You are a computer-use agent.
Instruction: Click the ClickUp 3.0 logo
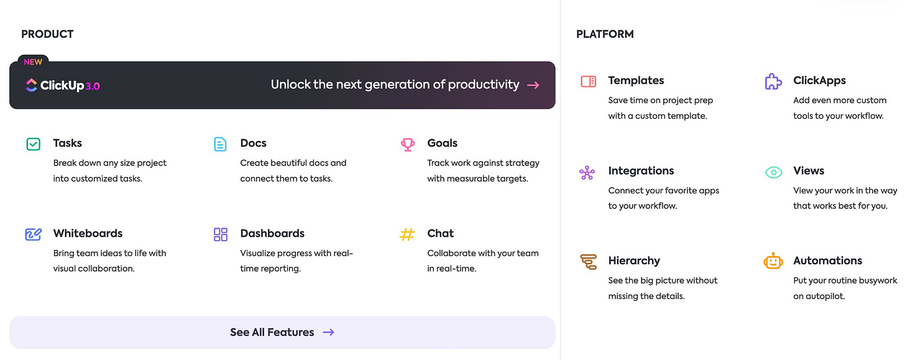pos(62,85)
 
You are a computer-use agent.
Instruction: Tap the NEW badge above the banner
pos(33,62)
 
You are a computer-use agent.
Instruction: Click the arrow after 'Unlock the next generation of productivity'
pos(533,85)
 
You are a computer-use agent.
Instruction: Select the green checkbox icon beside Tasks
pos(33,144)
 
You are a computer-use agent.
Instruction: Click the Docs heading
pos(253,143)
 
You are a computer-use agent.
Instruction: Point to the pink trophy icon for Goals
pos(407,144)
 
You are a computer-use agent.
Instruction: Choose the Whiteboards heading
pos(88,233)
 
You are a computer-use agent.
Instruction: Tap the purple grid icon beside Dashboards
pos(220,234)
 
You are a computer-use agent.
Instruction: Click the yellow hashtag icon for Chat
pos(407,234)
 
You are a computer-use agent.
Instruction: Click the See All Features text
pos(272,332)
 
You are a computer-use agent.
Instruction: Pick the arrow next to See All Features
pos(328,332)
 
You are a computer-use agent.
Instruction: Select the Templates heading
pos(636,80)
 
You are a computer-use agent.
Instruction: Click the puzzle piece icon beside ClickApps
pos(773,81)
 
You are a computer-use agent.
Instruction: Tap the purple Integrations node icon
pos(587,172)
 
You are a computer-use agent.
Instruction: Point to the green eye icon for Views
pos(773,172)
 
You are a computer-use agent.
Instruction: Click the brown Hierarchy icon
pos(588,262)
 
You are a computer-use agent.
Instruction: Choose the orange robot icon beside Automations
pos(773,261)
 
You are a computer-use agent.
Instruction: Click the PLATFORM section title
pos(605,34)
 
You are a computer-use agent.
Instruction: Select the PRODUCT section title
pos(47,34)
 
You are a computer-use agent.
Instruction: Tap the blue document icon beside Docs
pos(220,144)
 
